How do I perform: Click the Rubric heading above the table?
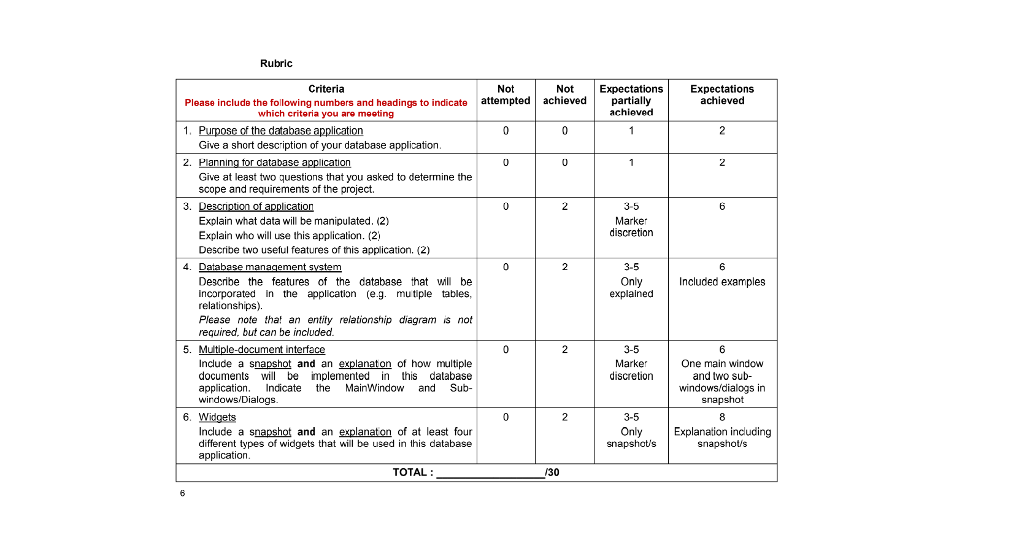[276, 63]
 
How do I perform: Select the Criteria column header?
[326, 89]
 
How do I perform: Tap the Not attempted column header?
[506, 95]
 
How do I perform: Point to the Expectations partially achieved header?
[631, 101]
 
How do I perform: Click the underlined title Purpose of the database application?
[280, 131]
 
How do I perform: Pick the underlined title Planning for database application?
[274, 163]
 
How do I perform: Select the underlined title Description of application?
[256, 207]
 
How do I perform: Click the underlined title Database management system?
[270, 267]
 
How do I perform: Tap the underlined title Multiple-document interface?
[261, 350]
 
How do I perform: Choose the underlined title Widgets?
[217, 417]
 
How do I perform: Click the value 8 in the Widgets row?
[722, 417]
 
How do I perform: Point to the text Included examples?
[722, 282]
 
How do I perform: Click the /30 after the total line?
[552, 472]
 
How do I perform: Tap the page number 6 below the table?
[182, 493]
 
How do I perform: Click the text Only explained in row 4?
[631, 288]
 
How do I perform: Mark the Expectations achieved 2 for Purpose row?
[722, 131]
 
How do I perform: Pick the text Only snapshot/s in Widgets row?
[631, 438]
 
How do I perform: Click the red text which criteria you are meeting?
[326, 114]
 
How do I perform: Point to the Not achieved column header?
[564, 95]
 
